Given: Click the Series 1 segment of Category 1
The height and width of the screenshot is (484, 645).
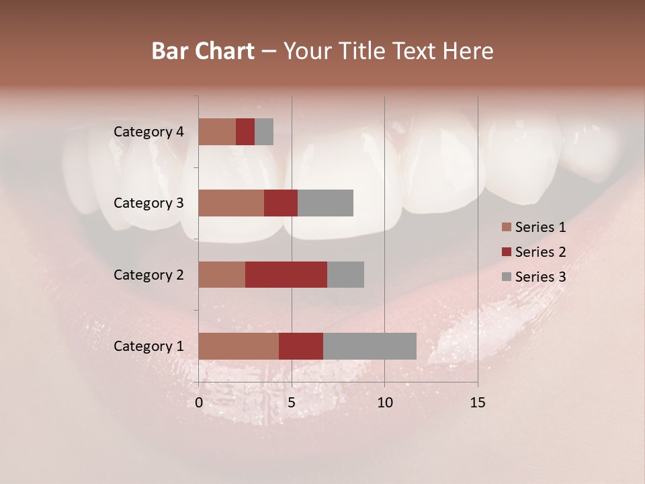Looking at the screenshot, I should pos(239,346).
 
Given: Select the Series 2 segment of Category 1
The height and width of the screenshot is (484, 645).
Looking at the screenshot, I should pos(301,346).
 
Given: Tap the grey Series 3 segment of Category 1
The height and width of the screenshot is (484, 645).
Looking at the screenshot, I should pos(370,346).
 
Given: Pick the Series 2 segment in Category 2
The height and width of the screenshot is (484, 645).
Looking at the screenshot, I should pos(286,274).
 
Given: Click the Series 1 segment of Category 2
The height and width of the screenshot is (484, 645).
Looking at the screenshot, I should pos(222,274).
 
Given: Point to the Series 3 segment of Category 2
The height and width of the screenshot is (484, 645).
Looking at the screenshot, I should pos(345,274).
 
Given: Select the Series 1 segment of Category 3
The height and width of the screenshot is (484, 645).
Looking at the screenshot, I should pos(231,203).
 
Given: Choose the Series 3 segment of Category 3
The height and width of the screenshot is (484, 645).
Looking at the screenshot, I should pos(325,203).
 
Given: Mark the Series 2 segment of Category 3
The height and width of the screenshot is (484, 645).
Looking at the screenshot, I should pos(281,203).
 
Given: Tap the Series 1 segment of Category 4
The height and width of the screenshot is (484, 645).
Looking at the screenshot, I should pos(217,132).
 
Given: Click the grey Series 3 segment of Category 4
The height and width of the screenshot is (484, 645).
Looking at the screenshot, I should pos(264,132).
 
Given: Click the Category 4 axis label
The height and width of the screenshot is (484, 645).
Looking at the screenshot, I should pos(148,132).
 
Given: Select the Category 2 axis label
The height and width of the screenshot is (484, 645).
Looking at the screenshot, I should pos(148,274).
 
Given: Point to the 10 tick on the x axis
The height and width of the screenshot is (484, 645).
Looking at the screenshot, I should pos(384,403).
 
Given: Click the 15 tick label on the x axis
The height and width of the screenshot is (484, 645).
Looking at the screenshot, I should pos(477,403).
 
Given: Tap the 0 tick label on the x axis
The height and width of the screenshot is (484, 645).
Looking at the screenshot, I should pos(199,403).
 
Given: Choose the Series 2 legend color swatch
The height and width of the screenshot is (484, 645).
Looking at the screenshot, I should pos(506,252).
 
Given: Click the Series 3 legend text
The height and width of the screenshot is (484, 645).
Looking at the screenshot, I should pos(540,277).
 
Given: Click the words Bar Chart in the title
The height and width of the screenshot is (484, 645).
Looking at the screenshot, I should pos(203,51).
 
